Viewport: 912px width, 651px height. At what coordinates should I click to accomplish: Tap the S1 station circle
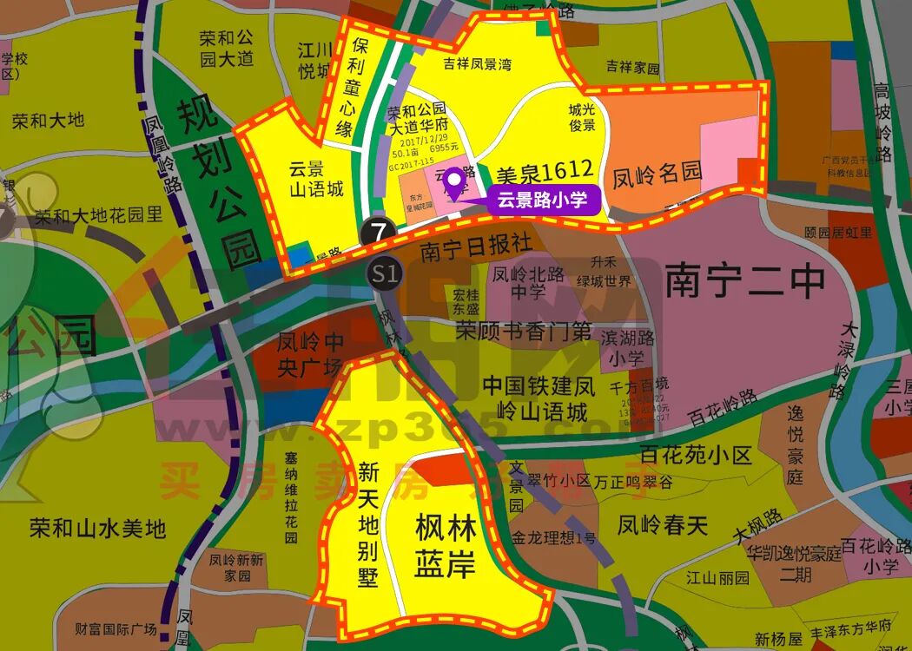point(384,274)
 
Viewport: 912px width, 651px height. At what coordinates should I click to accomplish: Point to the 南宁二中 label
point(744,281)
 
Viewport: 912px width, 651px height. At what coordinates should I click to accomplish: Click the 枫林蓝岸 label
point(445,546)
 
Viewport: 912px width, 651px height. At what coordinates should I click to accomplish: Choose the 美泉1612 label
point(544,168)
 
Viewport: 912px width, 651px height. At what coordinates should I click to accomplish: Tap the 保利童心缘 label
point(358,87)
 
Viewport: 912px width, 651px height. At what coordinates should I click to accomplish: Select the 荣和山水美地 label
point(96,528)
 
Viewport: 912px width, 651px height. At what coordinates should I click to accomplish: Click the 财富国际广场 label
point(115,628)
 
